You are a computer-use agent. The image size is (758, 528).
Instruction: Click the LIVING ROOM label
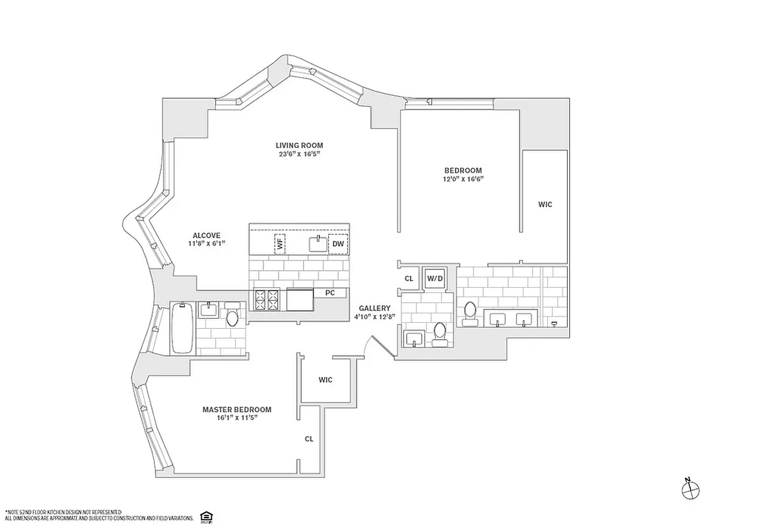299,145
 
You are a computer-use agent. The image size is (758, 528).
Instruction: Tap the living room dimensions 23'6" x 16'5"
299,154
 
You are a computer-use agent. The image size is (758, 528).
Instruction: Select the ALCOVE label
206,235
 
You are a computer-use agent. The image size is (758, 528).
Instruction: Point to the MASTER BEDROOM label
236,409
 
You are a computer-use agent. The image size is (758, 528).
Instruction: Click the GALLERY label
374,308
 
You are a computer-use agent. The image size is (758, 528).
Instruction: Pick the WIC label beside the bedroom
545,205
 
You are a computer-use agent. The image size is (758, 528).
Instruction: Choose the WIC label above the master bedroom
326,380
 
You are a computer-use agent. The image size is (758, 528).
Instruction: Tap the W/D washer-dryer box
435,279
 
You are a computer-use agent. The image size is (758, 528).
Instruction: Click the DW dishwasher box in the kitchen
339,244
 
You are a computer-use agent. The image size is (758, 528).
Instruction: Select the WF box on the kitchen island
280,244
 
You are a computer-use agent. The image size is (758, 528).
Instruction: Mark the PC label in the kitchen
329,292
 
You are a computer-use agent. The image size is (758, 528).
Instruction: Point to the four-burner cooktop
267,300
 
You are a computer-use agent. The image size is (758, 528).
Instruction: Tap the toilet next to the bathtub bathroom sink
232,317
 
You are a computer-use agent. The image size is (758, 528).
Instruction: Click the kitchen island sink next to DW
318,244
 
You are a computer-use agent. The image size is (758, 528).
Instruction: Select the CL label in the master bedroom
309,439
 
